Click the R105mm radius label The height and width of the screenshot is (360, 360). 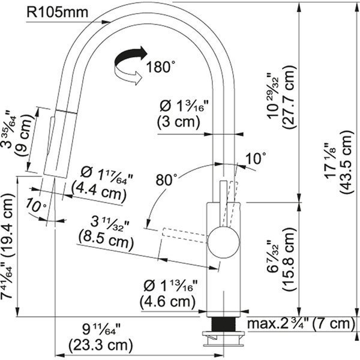(57, 12)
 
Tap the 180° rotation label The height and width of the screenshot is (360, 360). (160, 67)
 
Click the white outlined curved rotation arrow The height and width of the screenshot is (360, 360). (128, 74)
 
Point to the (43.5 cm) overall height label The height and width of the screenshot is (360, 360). (346, 163)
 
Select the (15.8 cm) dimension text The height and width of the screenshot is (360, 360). (289, 259)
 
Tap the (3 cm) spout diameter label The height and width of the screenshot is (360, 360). (178, 121)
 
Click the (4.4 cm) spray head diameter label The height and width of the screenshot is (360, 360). (98, 192)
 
